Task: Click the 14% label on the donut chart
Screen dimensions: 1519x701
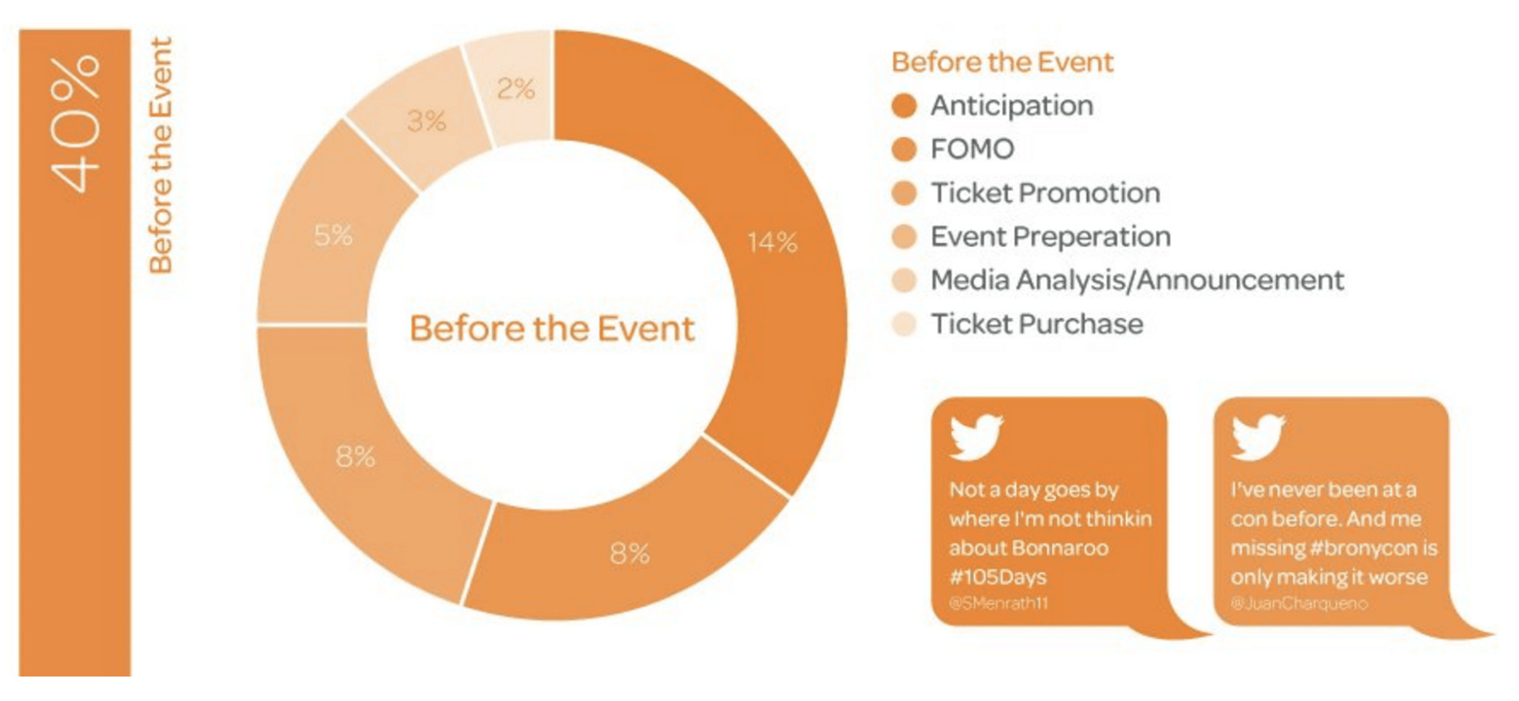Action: click(x=773, y=242)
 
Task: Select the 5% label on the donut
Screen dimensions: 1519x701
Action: click(x=334, y=235)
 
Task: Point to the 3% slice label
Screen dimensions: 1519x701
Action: click(x=427, y=121)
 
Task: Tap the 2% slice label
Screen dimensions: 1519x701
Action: click(x=516, y=88)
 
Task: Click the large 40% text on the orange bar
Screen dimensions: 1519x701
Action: click(x=75, y=123)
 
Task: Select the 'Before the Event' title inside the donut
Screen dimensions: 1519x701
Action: click(x=552, y=329)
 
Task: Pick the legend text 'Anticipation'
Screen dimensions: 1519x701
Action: click(x=1012, y=106)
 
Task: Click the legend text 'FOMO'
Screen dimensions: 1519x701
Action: click(x=972, y=149)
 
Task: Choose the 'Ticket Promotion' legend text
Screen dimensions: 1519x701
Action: click(x=1045, y=193)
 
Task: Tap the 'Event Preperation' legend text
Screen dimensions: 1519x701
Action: click(x=1051, y=237)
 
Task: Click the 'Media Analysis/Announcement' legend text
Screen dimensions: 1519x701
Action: click(x=1137, y=281)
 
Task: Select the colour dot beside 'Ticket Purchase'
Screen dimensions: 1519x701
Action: click(x=904, y=324)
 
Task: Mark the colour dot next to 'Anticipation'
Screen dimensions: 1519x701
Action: click(x=904, y=106)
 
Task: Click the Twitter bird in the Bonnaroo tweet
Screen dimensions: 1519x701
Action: click(x=976, y=437)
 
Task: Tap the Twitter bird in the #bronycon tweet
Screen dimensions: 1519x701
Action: click(x=1258, y=437)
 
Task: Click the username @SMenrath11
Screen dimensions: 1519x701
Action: click(x=998, y=603)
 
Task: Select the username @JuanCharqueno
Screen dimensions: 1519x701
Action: click(x=1299, y=603)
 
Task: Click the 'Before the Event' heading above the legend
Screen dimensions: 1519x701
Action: click(x=1002, y=62)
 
